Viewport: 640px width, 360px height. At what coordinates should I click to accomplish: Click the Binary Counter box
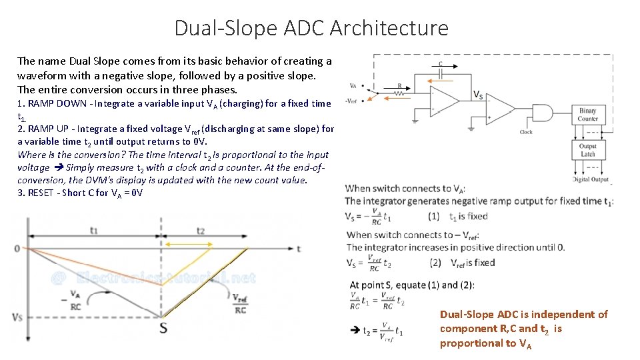[587, 115]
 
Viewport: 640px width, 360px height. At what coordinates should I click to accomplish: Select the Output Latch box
[587, 150]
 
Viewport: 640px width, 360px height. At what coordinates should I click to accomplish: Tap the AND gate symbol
[541, 113]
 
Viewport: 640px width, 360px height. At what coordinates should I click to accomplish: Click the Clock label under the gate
[526, 132]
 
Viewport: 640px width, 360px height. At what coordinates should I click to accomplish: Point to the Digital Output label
[591, 179]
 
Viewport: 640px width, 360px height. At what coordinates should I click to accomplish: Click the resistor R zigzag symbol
[400, 94]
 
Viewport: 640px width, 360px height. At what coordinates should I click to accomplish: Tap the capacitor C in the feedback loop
[441, 71]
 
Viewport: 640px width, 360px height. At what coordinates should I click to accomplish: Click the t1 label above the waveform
[94, 229]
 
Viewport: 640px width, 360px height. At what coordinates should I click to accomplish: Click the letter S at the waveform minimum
[163, 327]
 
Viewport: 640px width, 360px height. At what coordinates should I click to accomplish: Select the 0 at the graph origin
[16, 249]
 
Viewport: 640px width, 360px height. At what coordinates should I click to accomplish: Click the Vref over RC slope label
[240, 303]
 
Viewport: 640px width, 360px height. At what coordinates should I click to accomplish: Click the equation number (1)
[434, 217]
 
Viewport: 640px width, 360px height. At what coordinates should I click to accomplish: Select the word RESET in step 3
[43, 193]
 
